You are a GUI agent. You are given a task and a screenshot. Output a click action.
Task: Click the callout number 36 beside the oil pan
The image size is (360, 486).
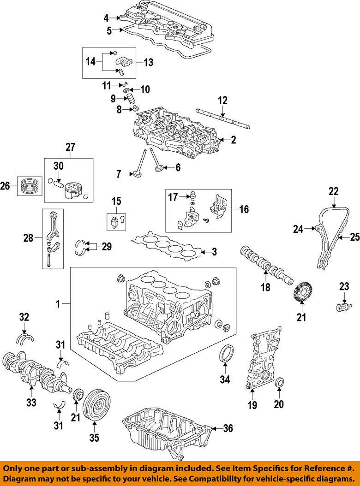tap(228, 428)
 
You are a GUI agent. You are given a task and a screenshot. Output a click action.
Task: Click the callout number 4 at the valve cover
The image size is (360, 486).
tap(106, 18)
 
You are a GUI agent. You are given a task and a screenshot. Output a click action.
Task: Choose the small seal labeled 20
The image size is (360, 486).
tap(280, 384)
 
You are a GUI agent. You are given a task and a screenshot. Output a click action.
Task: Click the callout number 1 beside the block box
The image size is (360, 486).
tap(58, 304)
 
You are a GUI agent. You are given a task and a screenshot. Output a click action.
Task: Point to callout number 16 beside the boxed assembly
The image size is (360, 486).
tap(244, 209)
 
